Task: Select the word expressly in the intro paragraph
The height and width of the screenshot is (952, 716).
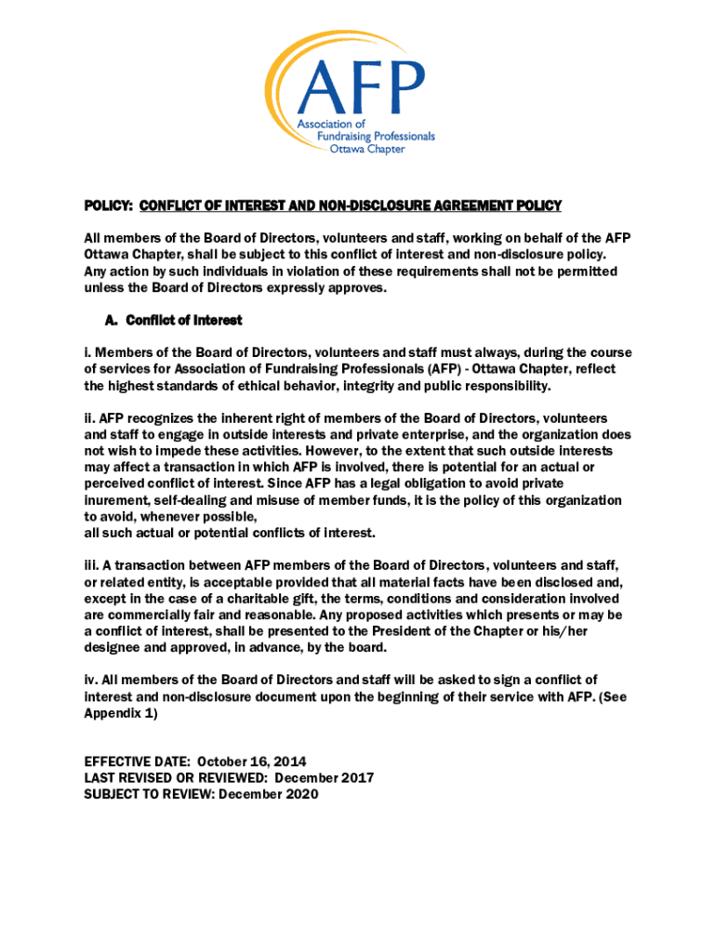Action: point(277,287)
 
